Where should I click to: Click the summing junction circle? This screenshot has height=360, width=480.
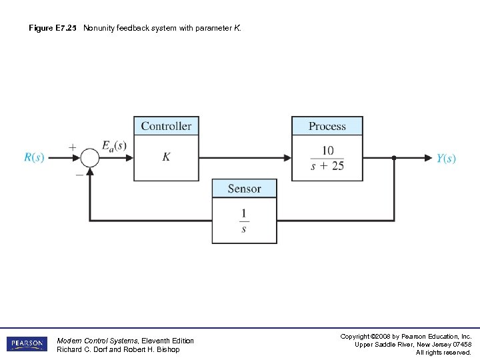click(90, 158)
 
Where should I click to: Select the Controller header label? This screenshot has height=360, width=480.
click(166, 126)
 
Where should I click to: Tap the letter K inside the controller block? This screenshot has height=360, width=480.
click(166, 157)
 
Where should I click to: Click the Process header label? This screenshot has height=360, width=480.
click(327, 126)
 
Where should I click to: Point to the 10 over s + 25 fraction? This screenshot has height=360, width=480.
click(327, 159)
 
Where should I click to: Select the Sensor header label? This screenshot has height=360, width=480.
click(244, 189)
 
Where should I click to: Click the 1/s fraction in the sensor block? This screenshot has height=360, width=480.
click(244, 221)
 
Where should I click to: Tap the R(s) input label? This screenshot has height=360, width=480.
click(34, 158)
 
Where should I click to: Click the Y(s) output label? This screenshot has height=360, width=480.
click(446, 159)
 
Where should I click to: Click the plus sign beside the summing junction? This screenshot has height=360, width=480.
click(72, 147)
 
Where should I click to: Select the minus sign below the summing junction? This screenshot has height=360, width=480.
click(79, 174)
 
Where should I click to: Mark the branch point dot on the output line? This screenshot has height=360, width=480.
click(394, 158)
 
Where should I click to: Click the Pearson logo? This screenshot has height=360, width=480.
click(27, 344)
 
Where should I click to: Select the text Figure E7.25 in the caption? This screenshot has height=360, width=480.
click(53, 29)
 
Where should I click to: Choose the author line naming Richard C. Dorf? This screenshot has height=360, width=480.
click(118, 349)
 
